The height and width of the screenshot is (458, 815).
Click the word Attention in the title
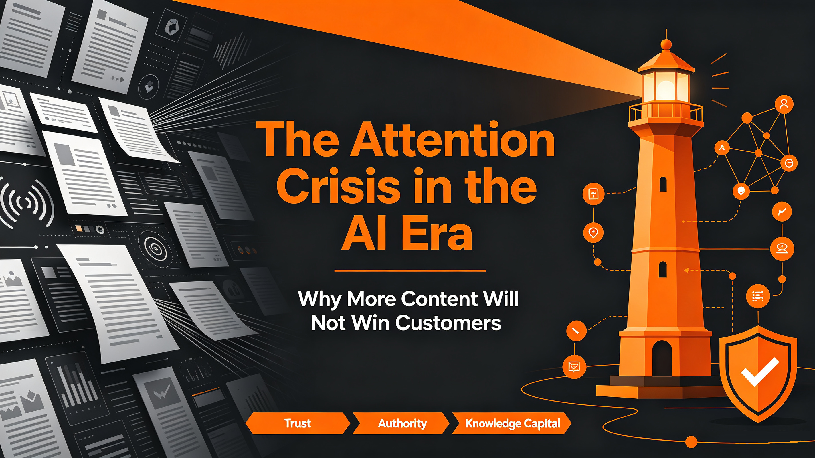(452, 139)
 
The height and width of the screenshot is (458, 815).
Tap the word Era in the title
(437, 233)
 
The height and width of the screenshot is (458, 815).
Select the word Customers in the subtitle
(448, 323)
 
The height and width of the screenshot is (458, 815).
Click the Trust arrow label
(297, 423)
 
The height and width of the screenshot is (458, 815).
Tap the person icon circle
(784, 104)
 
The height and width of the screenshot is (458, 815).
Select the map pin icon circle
(593, 233)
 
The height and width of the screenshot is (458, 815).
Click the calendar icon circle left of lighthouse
(593, 194)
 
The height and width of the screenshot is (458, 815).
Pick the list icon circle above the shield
(758, 296)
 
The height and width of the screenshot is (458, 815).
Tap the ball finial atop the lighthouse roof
(666, 44)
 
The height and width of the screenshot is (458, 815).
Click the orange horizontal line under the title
(410, 271)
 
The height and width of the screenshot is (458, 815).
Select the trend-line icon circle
(782, 212)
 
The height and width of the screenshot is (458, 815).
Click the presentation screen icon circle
(574, 367)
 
